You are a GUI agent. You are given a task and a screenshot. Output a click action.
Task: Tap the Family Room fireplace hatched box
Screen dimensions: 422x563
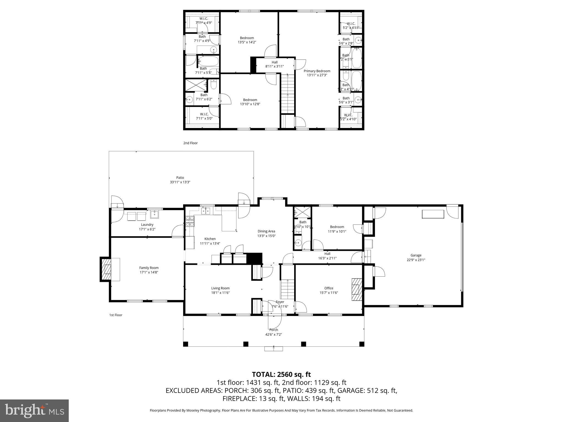click(x=106, y=269)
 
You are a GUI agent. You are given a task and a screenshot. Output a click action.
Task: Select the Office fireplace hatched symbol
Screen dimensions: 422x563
click(x=357, y=290)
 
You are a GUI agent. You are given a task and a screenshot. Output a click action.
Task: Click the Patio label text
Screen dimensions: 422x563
click(x=180, y=177)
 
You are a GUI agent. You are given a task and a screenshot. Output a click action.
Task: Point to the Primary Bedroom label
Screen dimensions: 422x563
click(x=317, y=71)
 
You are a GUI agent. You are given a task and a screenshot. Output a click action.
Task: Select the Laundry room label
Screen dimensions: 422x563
click(x=147, y=224)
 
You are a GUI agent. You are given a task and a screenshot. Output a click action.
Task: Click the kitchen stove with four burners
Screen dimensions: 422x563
click(x=190, y=221)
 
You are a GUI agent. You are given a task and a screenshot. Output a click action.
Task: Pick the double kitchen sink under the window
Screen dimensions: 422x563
click(x=205, y=211)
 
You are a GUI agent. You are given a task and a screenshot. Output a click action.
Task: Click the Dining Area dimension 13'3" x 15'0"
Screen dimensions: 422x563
click(x=266, y=236)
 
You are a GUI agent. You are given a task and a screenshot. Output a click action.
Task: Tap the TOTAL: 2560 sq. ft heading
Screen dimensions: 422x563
click(x=281, y=374)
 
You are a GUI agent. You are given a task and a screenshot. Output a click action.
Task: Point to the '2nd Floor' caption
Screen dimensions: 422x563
click(x=191, y=143)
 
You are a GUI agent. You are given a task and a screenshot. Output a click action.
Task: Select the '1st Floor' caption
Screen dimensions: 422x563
click(x=116, y=315)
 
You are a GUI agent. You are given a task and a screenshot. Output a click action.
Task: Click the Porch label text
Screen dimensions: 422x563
click(x=274, y=330)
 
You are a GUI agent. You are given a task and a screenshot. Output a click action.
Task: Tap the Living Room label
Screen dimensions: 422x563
click(x=220, y=288)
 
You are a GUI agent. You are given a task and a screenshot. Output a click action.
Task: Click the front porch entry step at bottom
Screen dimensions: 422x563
click(x=274, y=348)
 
